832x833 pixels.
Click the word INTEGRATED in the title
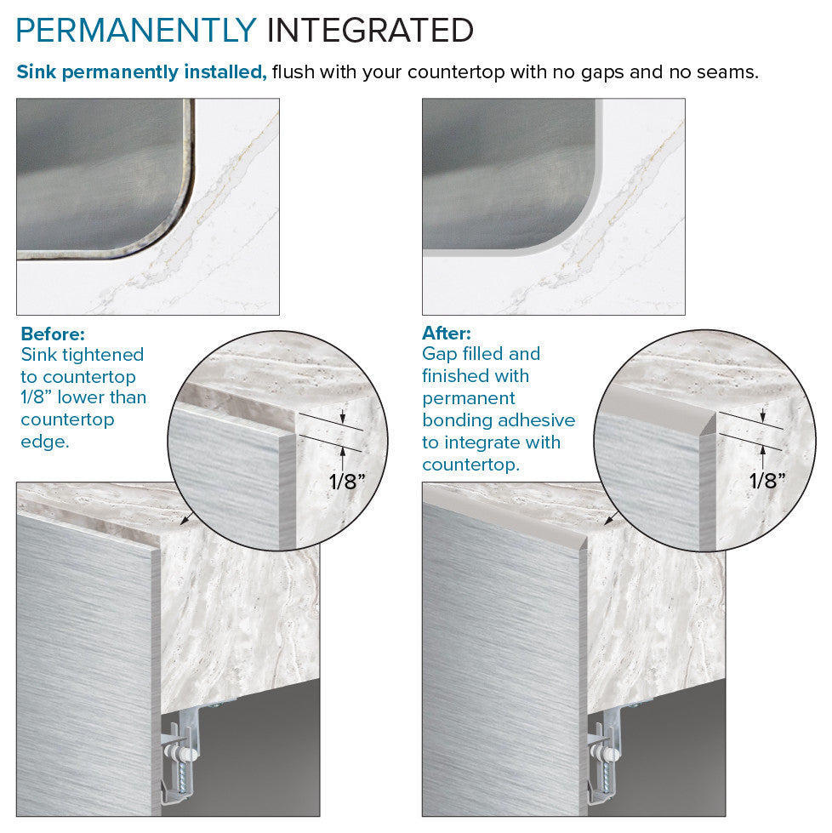370,31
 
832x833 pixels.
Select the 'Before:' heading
53,334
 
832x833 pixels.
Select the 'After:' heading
447,333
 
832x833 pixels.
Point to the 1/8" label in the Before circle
347,482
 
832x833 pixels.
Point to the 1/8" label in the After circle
767,481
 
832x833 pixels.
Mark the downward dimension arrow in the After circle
763,415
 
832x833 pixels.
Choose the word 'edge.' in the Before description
45,442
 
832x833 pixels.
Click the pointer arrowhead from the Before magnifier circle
184,521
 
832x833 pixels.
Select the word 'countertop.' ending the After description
470,465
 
